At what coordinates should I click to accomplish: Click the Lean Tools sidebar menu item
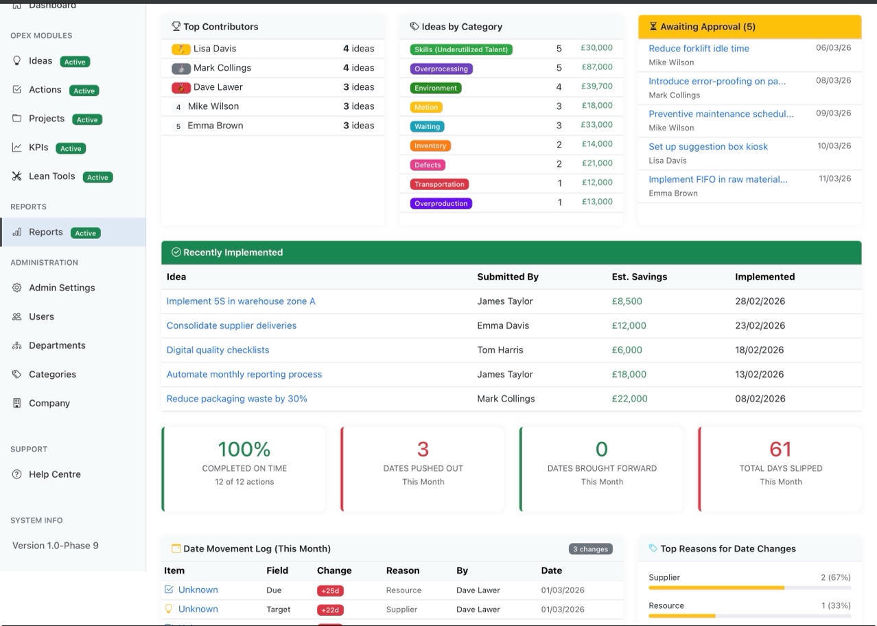pos(51,176)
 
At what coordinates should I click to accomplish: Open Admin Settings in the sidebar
pos(62,288)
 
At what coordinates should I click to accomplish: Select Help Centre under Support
pos(54,474)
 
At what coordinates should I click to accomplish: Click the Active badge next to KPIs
pos(71,148)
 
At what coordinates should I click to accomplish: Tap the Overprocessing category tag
pos(441,69)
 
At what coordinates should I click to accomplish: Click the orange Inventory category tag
pos(430,146)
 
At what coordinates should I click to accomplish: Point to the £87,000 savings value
pos(596,67)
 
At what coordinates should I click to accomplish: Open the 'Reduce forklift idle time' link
pos(699,49)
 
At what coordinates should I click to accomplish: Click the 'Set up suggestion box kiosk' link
pos(708,147)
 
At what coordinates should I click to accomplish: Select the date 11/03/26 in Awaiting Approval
pos(834,178)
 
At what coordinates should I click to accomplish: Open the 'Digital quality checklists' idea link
pos(218,350)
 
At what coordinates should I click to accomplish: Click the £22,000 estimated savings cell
pos(629,399)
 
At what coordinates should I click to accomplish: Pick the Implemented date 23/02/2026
pos(760,326)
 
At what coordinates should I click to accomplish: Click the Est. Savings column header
pos(639,277)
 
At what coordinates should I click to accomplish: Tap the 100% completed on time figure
pos(244,449)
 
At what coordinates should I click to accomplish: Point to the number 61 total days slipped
pos(780,449)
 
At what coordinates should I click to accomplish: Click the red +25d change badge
pos(330,590)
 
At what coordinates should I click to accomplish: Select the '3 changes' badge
pos(590,549)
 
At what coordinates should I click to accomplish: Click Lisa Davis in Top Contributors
pos(214,49)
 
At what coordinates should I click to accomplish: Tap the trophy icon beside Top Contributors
pos(176,27)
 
